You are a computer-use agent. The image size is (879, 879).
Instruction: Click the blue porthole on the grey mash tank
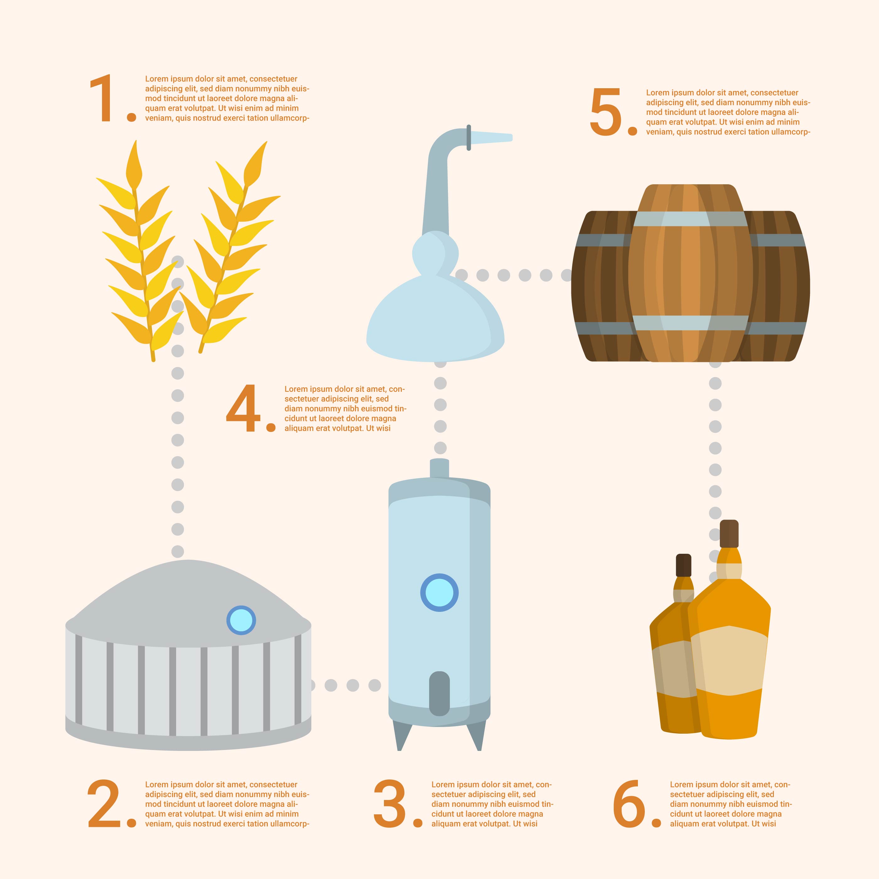[241, 620]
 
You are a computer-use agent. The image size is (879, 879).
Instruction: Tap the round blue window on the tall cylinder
[439, 592]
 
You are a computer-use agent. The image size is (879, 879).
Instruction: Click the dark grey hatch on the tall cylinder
[439, 693]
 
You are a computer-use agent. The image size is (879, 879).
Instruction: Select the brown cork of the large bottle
[729, 534]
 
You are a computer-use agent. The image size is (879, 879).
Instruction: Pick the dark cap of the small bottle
[683, 565]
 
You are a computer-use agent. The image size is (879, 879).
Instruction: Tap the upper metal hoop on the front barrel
[690, 219]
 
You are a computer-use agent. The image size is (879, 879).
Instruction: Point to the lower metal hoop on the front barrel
[690, 323]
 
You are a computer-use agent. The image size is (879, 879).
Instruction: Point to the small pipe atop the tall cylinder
[439, 468]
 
